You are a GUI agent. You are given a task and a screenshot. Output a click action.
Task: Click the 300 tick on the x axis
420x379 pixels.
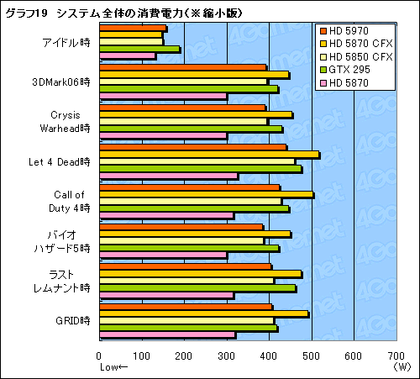(226, 355)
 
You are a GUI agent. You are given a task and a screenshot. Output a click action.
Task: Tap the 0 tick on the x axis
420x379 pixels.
(100, 355)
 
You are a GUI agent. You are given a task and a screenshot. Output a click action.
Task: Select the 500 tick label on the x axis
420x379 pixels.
(311, 355)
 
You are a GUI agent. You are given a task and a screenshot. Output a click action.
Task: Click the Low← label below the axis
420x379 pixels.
(113, 367)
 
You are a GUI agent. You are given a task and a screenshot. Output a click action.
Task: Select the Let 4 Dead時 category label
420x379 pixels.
(59, 160)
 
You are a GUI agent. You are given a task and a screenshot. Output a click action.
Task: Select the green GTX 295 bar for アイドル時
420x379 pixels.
(139, 50)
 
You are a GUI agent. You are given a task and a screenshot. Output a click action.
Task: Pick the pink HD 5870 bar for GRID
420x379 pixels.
(167, 334)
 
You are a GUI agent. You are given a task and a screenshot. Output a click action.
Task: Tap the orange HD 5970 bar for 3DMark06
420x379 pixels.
(182, 67)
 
